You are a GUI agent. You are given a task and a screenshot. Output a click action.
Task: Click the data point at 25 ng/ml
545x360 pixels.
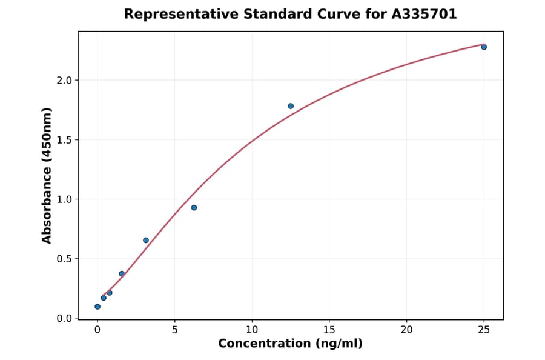[x=484, y=47]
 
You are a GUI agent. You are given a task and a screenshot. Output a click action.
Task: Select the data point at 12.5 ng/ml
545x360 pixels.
[x=291, y=106]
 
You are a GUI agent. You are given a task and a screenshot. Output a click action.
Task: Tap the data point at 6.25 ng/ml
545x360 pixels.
[x=194, y=208]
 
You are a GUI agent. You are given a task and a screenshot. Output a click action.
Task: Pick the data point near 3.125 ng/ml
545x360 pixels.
[x=146, y=240]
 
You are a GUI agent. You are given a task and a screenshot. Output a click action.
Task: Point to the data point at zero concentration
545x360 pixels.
[x=97, y=307]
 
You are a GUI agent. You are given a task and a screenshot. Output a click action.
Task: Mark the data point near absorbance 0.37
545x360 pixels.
[x=122, y=274]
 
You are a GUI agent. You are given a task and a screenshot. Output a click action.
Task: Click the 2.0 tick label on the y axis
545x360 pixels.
[x=64, y=81]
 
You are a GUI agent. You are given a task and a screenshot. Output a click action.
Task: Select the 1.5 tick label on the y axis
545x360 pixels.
[x=64, y=140]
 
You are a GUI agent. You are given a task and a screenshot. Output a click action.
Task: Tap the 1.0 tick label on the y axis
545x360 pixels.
[x=64, y=199]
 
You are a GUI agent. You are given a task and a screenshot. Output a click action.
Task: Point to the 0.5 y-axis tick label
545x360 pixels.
[x=64, y=259]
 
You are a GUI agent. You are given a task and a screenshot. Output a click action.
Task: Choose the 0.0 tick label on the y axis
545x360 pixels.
[x=64, y=318]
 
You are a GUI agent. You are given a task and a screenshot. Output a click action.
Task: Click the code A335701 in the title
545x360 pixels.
[x=423, y=14]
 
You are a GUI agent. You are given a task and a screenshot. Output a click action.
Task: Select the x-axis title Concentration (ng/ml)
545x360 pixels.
[x=290, y=344]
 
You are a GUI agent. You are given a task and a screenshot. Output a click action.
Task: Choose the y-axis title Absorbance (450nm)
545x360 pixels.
[x=47, y=175]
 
